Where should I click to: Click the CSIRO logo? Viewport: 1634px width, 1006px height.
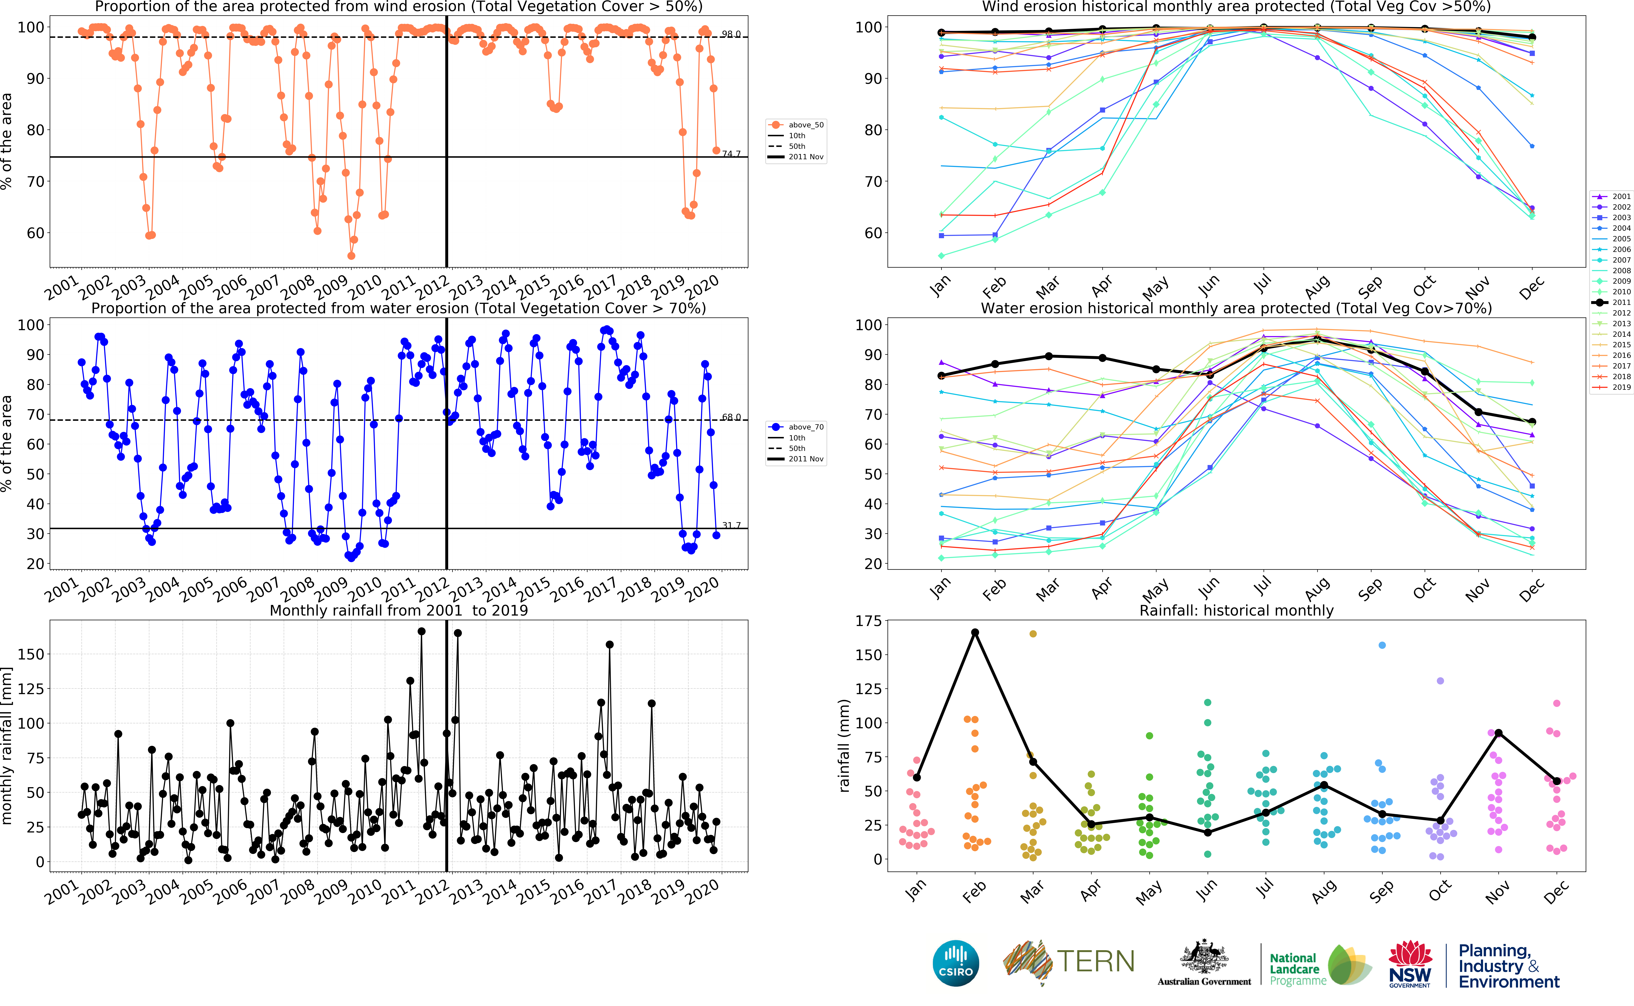(956, 963)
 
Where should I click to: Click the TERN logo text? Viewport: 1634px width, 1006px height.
(1095, 961)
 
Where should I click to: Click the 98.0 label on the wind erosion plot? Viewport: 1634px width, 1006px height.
(731, 34)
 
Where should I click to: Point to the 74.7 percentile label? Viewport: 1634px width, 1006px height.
(731, 154)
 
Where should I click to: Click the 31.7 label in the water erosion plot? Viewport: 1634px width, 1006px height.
(731, 525)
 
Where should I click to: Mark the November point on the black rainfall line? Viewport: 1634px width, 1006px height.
(1498, 732)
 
